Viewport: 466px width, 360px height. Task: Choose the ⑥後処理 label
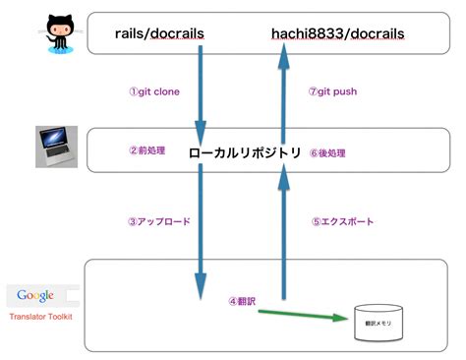pyautogui.click(x=335, y=152)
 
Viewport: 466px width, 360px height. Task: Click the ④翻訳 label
pyautogui.click(x=241, y=301)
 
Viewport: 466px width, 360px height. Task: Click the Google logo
pyautogui.click(x=34, y=295)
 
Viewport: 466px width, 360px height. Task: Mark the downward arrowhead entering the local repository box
pyautogui.click(x=201, y=130)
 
